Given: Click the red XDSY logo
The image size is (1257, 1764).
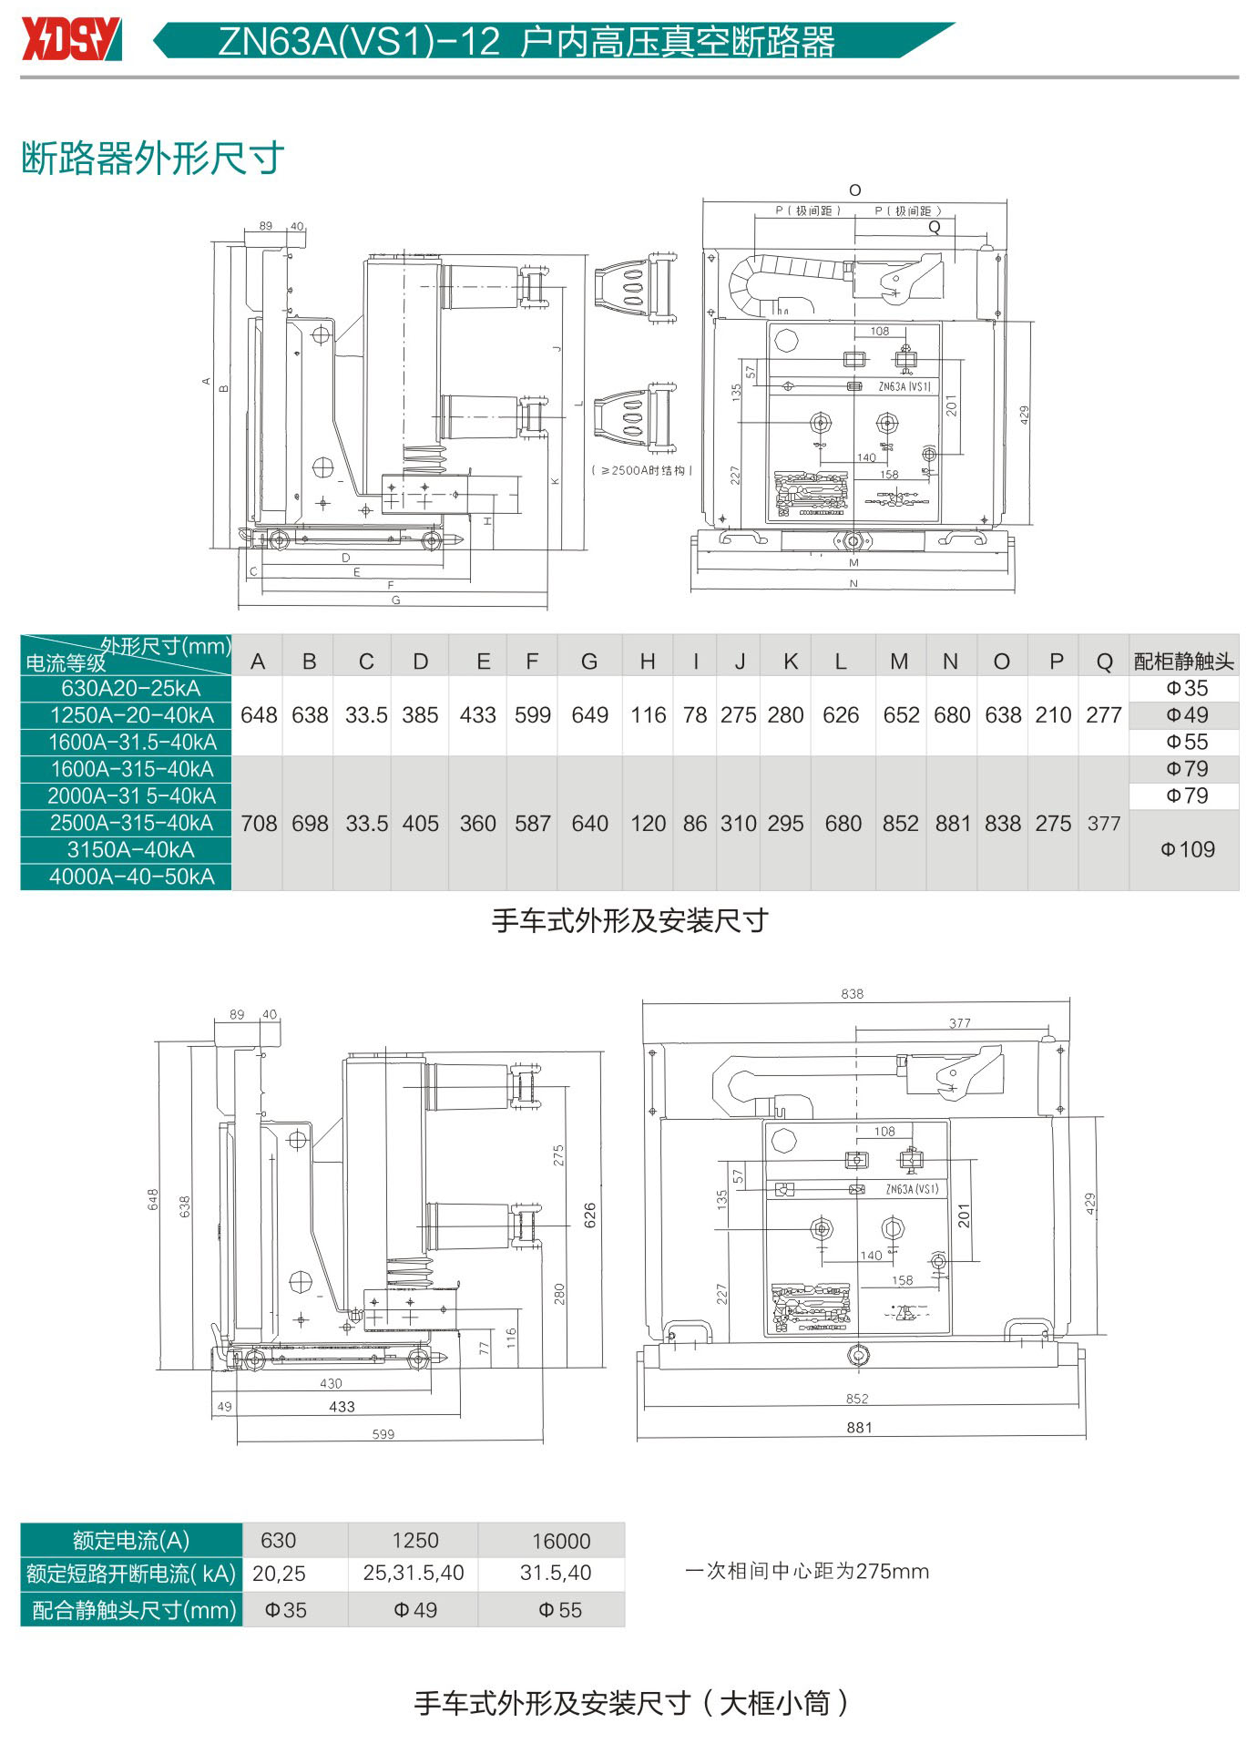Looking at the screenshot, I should click(71, 39).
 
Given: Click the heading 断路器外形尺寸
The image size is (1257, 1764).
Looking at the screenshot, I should click(152, 159).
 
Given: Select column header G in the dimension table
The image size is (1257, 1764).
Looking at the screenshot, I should click(589, 661).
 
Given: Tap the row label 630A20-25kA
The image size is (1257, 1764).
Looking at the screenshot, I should click(130, 688).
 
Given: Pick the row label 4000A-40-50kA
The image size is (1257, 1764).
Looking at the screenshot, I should click(131, 877).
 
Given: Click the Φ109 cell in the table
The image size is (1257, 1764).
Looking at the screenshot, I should click(1188, 849).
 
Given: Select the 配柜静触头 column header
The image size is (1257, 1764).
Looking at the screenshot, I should click(1183, 661).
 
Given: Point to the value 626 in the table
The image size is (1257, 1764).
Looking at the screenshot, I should click(841, 715).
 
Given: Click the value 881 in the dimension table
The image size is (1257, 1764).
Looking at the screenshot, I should click(952, 824).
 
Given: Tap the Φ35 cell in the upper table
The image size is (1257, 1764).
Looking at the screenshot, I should click(1187, 688).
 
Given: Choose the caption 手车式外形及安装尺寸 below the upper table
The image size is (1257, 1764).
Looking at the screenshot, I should click(630, 921).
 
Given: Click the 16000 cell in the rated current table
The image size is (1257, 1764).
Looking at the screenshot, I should click(561, 1541).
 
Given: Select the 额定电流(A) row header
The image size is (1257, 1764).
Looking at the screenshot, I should click(131, 1541).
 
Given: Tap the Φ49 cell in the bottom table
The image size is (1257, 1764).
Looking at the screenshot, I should click(415, 1610).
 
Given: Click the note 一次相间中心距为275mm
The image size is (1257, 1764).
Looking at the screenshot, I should click(807, 1571).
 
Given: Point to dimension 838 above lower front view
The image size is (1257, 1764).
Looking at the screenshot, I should click(853, 993).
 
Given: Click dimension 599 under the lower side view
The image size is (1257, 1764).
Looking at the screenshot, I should click(383, 1434).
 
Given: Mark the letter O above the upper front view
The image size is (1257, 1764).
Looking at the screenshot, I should click(854, 190).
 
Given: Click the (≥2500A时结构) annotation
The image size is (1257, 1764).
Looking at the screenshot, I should click(642, 470).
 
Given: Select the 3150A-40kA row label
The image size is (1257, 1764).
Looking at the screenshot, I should click(130, 850).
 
